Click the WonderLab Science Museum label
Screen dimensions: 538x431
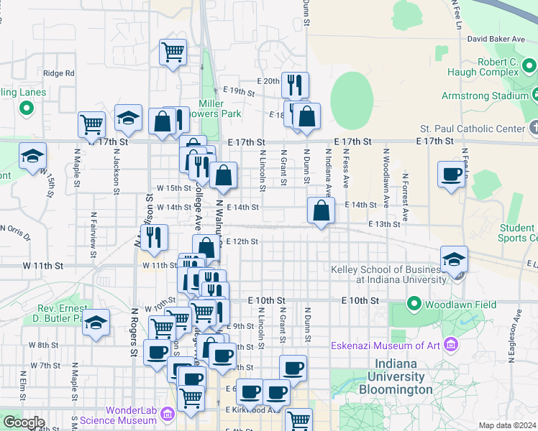point(121,414)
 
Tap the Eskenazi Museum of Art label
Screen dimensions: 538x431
point(385,346)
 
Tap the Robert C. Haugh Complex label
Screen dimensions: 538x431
point(488,67)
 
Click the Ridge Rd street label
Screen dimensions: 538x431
point(59,73)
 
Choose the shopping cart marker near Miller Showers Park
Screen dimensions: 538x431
point(173,52)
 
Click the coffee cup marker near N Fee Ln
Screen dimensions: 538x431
point(452,175)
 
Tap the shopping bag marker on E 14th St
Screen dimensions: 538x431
point(321,210)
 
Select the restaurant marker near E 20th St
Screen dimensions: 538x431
point(295,85)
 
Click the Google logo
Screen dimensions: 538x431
point(24,422)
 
